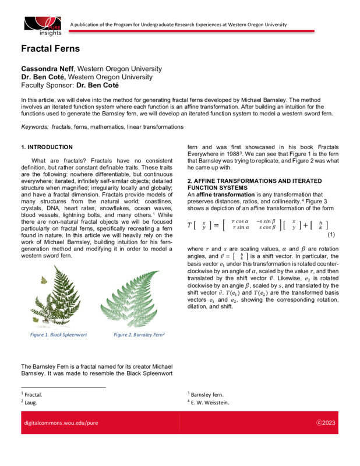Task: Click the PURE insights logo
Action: click(43, 24)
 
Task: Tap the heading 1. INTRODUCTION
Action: click(47, 147)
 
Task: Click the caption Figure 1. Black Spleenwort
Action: click(57, 335)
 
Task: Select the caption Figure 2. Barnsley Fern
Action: click(139, 335)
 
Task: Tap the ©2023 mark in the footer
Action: click(324, 421)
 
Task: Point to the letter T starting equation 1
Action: click(190, 225)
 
